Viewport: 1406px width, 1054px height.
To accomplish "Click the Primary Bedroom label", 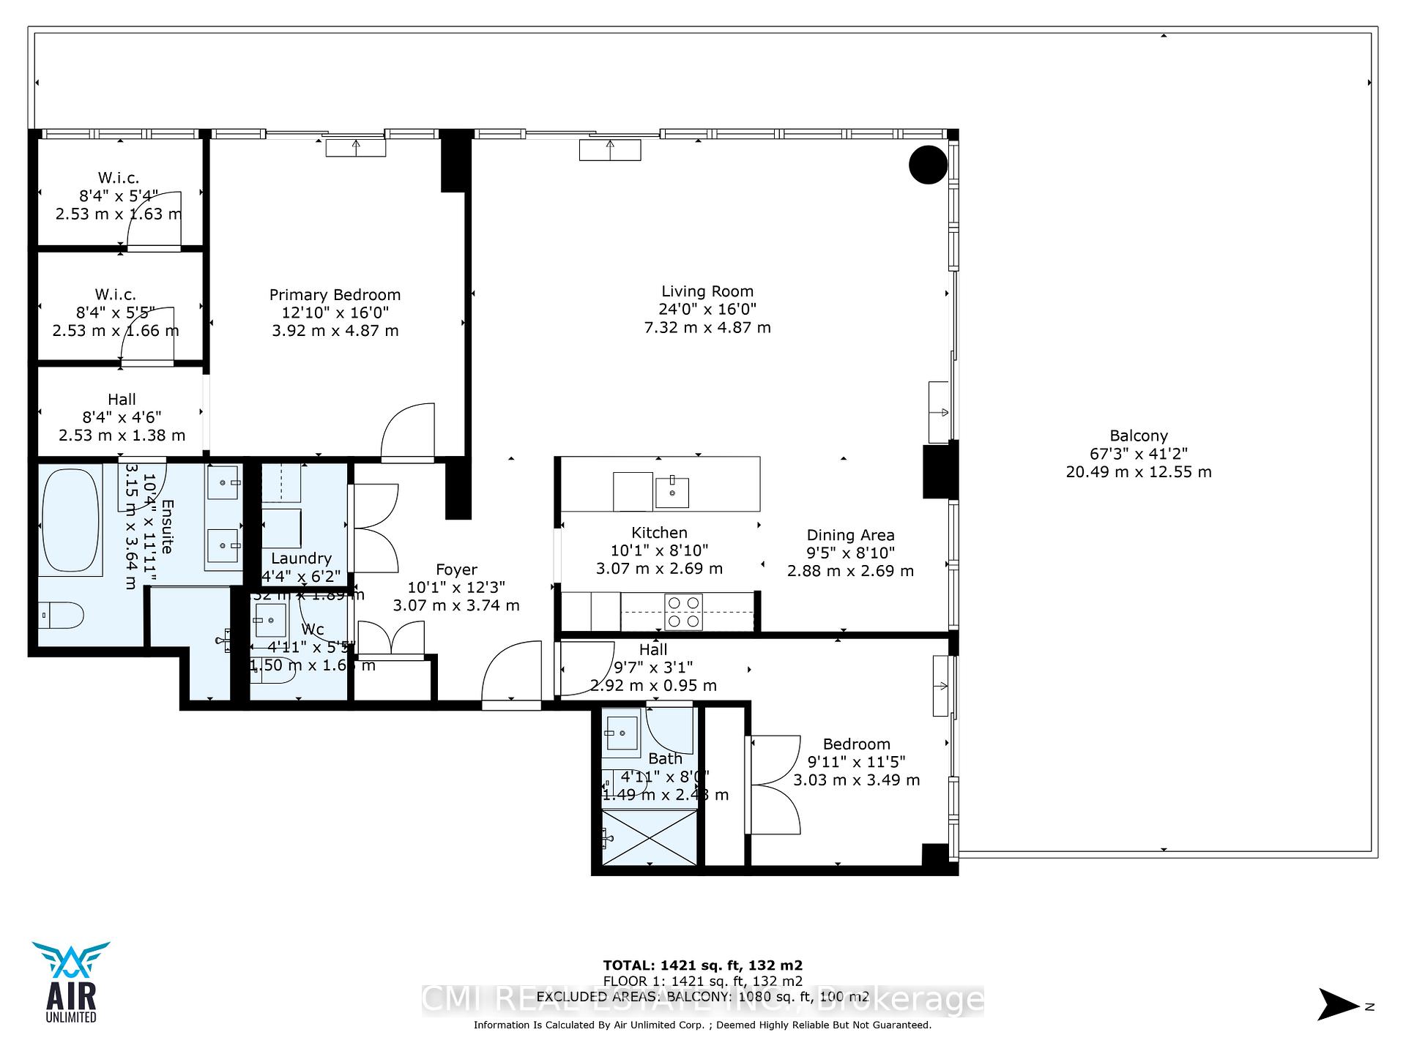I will coord(335,295).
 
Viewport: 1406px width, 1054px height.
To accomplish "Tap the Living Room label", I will coord(707,291).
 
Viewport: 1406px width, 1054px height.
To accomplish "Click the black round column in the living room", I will coord(928,165).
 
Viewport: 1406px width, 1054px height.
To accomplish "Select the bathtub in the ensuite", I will coord(70,522).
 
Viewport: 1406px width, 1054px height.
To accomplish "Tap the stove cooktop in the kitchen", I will coord(683,612).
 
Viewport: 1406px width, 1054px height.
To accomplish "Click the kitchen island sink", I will coord(672,492).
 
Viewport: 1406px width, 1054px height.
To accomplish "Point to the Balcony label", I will coord(1138,436).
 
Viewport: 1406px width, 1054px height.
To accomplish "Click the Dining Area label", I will coord(850,535).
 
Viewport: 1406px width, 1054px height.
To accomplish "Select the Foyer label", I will coord(456,569).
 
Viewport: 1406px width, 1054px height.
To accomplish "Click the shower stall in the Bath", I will coord(649,837).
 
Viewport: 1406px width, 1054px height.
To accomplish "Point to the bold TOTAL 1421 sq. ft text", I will coord(702,965).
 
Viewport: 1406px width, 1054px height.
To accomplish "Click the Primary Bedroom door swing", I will coord(408,432).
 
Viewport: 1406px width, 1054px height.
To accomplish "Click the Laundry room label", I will coord(301,558).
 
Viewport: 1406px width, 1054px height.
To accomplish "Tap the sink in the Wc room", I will coord(270,620).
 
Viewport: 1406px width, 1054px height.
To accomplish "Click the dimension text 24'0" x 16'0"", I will coord(707,310).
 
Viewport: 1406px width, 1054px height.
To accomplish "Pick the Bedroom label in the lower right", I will coord(856,744).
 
